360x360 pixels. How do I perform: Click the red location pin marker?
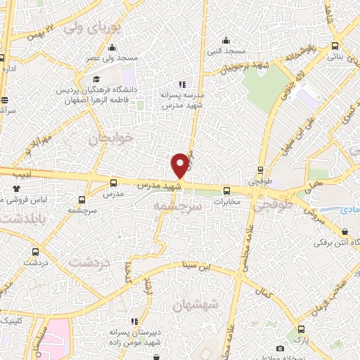click(180, 165)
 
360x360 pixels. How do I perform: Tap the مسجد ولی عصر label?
click(103, 58)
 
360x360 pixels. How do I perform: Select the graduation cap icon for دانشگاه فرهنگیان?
click(96, 79)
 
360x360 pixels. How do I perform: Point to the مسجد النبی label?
click(226, 51)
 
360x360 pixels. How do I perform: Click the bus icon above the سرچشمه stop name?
click(82, 200)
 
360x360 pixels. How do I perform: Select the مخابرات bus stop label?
click(226, 202)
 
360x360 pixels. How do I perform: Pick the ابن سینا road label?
click(198, 265)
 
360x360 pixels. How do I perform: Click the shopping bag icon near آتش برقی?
click(344, 231)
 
